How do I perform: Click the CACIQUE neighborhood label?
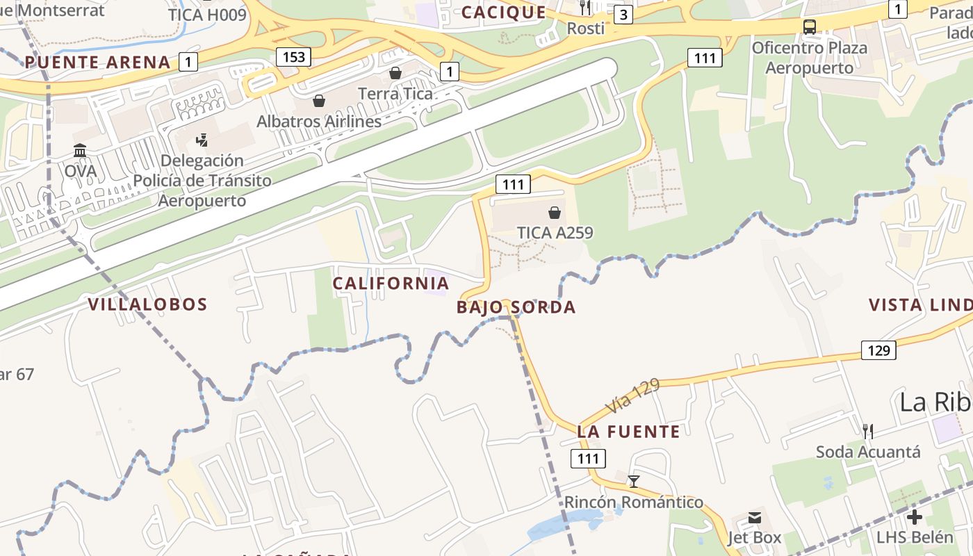(504, 12)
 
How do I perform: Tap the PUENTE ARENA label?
(97, 63)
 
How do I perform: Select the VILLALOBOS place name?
(147, 304)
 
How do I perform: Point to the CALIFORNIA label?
(391, 284)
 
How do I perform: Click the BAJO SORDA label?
(516, 307)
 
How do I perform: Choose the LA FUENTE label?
(628, 432)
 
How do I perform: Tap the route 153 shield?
(293, 57)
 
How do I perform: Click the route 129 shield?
(878, 350)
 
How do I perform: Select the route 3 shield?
(623, 15)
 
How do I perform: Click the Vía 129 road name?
(632, 397)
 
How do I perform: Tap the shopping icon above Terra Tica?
(395, 73)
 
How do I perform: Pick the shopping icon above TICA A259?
(555, 212)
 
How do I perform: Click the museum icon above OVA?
(80, 151)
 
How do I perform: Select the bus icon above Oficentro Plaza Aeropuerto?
(810, 27)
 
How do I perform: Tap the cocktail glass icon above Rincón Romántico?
(633, 482)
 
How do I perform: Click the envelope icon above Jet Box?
(755, 518)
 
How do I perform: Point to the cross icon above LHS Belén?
(915, 517)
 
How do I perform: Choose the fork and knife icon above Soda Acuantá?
(867, 432)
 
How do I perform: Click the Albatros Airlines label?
(319, 122)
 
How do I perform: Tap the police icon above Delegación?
(202, 140)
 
